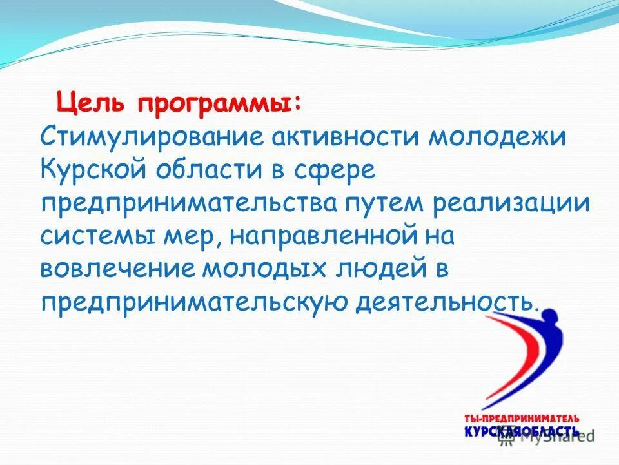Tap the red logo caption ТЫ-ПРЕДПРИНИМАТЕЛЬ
coord(522,418)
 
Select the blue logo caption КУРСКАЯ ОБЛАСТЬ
coord(521,431)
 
